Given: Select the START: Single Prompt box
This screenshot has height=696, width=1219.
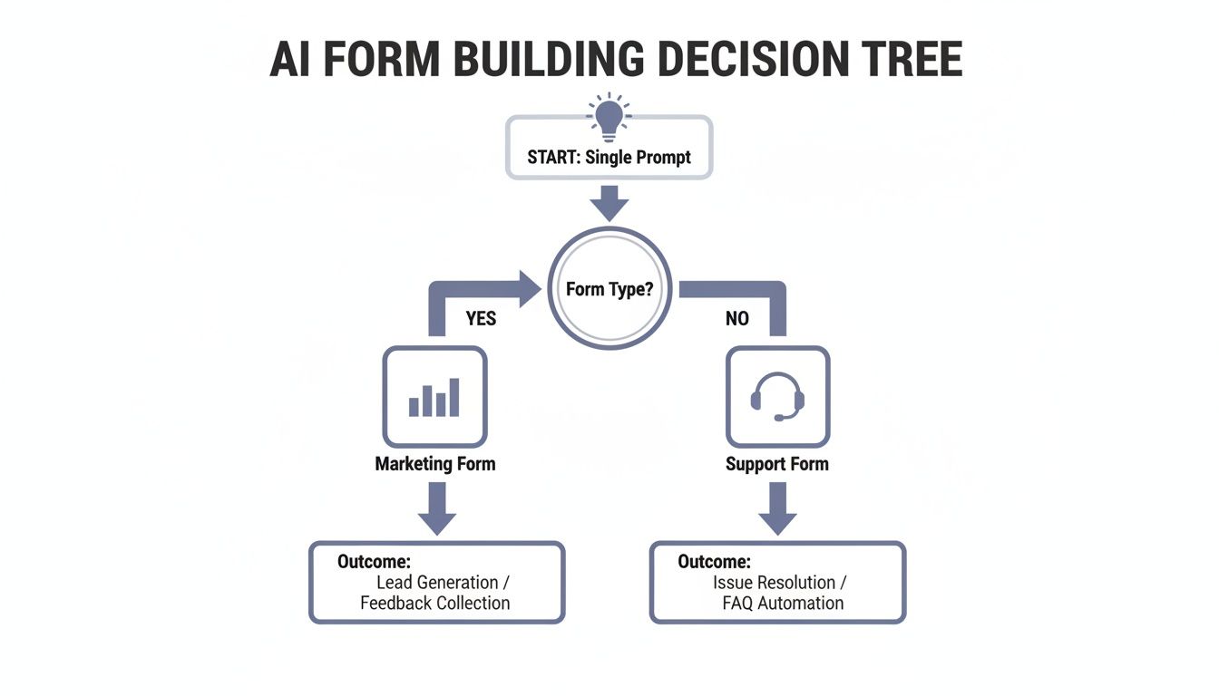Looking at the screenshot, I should click(609, 157).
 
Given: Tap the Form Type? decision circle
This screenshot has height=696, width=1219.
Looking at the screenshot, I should click(609, 289).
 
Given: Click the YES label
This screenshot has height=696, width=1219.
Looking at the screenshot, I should click(481, 319).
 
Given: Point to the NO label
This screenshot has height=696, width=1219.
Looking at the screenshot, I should click(736, 319).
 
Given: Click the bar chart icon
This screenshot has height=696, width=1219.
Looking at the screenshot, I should click(434, 397).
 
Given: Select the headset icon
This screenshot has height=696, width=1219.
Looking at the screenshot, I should click(777, 397).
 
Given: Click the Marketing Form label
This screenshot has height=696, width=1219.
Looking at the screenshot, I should click(434, 464).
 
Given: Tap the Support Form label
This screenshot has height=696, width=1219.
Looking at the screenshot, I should click(777, 464).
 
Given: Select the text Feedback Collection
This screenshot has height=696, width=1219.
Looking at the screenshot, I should click(435, 604).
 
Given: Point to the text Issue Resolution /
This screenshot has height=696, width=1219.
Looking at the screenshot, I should click(780, 583).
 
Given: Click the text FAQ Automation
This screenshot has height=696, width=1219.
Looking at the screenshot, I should click(783, 604).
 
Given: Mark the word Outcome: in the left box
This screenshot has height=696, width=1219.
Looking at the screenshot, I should click(374, 562).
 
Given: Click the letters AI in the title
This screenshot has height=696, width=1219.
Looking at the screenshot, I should click(291, 60).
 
